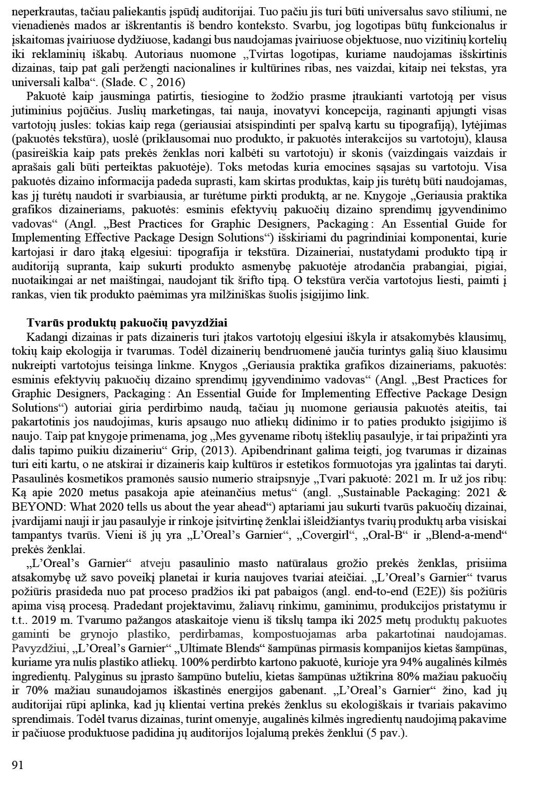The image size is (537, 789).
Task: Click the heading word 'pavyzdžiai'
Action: [201, 323]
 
